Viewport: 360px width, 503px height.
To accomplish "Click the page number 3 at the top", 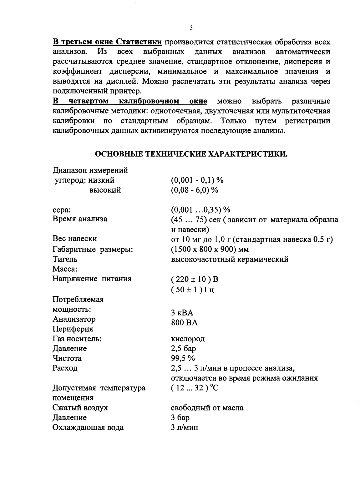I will (191, 28).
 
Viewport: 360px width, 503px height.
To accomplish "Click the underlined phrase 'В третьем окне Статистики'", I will (107, 42).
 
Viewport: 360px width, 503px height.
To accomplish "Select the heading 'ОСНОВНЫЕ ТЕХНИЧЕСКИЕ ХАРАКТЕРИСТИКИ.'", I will (191, 154).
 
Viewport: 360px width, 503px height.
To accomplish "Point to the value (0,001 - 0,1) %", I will (197, 180).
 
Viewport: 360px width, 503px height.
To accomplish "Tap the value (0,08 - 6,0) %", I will (194, 190).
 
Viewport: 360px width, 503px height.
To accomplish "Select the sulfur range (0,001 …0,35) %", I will (200, 209).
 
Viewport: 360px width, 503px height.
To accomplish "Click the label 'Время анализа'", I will (80, 219).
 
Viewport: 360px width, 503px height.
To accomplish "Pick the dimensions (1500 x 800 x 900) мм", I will (210, 249).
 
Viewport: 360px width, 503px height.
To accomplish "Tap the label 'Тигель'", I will (65, 259).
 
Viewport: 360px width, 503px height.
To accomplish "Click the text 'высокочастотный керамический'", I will (230, 259).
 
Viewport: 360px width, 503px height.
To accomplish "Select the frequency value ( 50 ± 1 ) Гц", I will (192, 290).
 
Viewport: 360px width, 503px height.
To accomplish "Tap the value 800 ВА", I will (184, 323).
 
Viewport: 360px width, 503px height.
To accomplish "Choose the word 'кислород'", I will (188, 339).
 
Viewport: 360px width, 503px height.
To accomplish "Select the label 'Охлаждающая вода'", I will (88, 427).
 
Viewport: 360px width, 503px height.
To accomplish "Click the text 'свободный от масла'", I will (207, 408).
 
